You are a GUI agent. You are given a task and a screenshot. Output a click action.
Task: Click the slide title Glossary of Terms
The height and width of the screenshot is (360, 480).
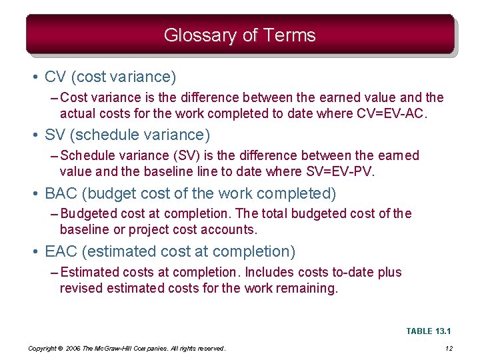tap(239, 35)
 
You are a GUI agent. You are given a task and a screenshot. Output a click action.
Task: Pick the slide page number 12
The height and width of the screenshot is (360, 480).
tap(449, 349)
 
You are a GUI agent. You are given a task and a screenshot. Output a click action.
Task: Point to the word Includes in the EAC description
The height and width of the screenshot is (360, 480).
tap(267, 272)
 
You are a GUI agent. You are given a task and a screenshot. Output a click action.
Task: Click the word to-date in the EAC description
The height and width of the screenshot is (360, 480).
tap(351, 272)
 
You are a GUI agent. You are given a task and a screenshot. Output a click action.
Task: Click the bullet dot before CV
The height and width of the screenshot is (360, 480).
tap(34, 77)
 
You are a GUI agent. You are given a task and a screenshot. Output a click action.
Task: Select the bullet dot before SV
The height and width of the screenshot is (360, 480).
tap(34, 135)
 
